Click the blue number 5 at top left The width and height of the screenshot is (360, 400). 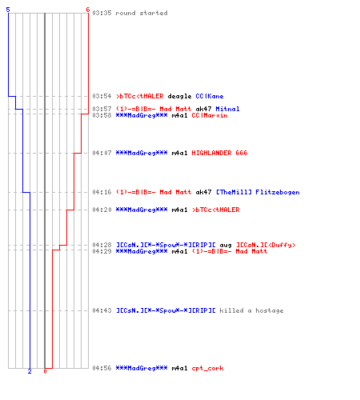click(8, 10)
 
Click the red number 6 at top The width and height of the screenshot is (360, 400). click(88, 10)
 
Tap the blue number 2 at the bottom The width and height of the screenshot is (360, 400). click(30, 371)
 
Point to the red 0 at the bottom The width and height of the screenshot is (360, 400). click(45, 371)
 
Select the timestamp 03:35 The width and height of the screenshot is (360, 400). click(102, 13)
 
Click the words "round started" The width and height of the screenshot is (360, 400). click(142, 13)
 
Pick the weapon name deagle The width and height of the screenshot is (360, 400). click(179, 96)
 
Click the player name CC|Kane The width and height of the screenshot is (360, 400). click(210, 96)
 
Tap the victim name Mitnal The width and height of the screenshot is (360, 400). click(227, 109)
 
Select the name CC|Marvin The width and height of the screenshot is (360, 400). click(210, 115)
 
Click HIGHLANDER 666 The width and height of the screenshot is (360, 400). click(219, 153)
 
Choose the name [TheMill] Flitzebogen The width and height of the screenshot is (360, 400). click(258, 192)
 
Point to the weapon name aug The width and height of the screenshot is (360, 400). click(226, 245)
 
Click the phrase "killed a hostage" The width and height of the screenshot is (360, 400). click(251, 310)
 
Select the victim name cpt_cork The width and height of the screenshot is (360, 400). click(208, 368)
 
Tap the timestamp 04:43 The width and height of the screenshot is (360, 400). click(102, 310)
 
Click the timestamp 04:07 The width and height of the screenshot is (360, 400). click(102, 153)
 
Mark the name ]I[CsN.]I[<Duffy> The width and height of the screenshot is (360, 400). click(266, 245)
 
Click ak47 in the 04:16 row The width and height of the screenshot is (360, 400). click(203, 192)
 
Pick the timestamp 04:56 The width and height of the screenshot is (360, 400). click(102, 368)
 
